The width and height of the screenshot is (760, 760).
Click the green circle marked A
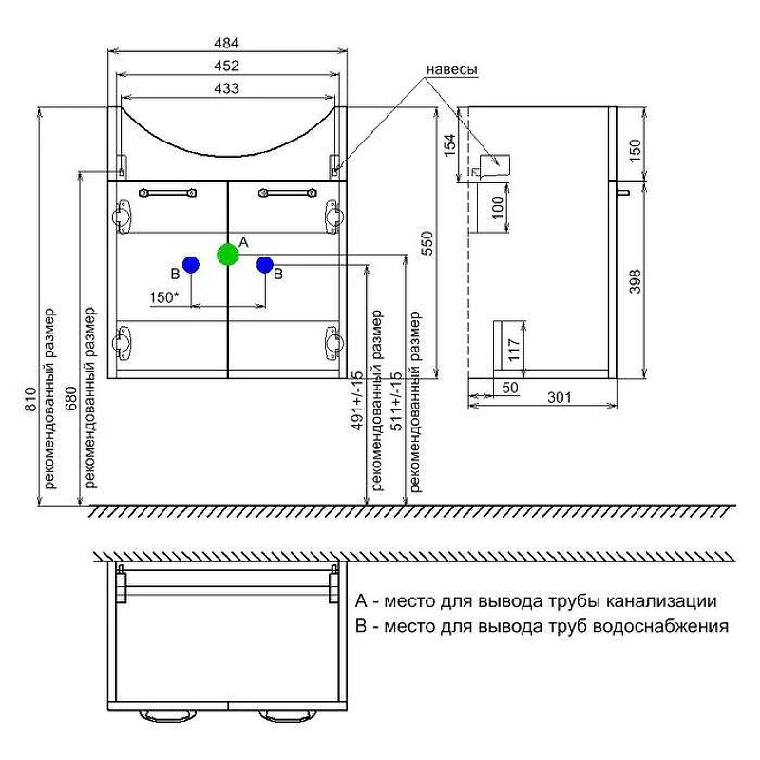228,255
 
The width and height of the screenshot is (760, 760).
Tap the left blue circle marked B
191,265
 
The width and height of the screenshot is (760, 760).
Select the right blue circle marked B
265,265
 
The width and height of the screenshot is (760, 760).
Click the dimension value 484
226,43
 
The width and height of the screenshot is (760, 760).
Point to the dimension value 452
226,66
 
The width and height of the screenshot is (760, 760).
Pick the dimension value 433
226,88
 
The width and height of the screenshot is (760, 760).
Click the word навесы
452,69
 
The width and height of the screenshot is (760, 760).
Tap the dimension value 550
427,244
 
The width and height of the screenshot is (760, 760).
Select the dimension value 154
450,145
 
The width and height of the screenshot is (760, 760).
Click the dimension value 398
635,281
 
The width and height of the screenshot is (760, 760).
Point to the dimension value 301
560,397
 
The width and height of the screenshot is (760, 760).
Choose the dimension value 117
514,350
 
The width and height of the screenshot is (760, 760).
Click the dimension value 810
30,399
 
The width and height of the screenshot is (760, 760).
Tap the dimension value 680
70,398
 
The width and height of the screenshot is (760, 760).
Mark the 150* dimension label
163,297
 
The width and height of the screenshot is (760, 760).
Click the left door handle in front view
168,193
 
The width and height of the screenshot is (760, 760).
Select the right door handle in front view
288,193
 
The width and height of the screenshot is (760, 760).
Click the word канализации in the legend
661,601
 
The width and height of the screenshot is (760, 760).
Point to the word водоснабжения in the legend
660,626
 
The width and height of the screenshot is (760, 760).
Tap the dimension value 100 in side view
498,207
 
